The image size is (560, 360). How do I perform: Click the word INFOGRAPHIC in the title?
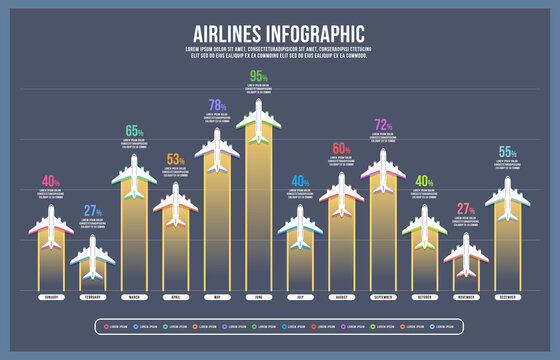(x=309, y=32)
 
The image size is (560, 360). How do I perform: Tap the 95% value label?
(x=258, y=77)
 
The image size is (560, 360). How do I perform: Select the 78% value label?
(x=217, y=105)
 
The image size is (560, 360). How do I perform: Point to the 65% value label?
(x=134, y=131)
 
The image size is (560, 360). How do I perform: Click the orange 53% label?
(x=175, y=159)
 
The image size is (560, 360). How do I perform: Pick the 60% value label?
(x=341, y=149)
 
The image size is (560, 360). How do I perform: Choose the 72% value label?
(x=382, y=125)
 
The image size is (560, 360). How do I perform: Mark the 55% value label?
(x=507, y=152)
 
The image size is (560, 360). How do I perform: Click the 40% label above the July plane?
(x=300, y=181)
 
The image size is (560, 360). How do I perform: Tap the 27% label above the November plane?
(x=466, y=209)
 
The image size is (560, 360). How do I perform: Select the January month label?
(x=51, y=298)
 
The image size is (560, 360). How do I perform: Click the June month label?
(x=258, y=298)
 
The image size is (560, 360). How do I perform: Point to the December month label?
(x=507, y=298)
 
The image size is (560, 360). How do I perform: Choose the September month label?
(x=383, y=298)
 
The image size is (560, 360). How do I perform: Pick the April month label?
(x=175, y=298)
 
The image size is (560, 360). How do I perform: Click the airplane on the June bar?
(x=258, y=120)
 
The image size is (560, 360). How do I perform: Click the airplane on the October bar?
(x=424, y=227)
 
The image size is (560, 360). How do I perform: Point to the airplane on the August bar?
(x=341, y=194)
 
